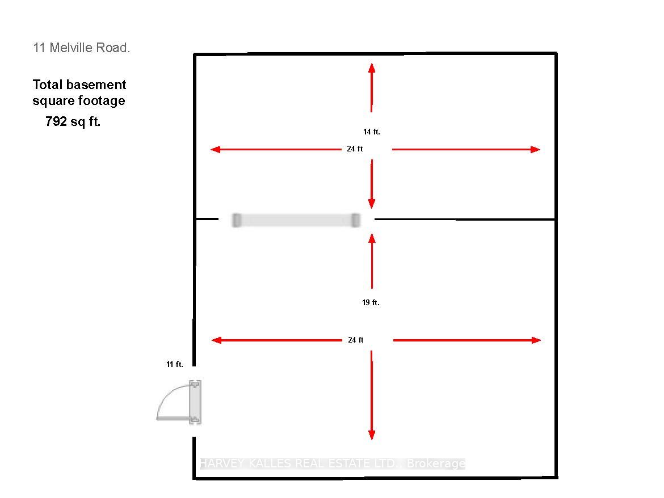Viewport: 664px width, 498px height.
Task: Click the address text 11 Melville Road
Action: click(x=81, y=48)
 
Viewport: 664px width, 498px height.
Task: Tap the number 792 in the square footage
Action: click(x=56, y=121)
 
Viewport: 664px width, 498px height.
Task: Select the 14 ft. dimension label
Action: click(x=371, y=132)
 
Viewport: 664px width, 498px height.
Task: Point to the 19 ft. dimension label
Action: click(x=371, y=302)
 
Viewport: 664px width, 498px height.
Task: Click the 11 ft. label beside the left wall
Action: click(x=174, y=364)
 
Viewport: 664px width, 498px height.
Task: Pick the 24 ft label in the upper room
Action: click(x=355, y=149)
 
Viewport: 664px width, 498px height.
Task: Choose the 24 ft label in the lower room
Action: click(x=356, y=340)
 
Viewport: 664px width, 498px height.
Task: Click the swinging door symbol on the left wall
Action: click(x=179, y=402)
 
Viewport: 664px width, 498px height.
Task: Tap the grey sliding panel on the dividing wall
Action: click(x=296, y=221)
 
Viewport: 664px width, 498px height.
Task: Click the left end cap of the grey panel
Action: click(x=237, y=221)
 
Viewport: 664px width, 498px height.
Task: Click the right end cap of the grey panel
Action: click(x=356, y=221)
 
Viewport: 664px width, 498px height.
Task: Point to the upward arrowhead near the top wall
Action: click(x=371, y=67)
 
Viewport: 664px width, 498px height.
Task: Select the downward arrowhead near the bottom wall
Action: click(x=371, y=435)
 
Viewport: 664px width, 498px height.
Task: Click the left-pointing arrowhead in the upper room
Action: click(x=216, y=149)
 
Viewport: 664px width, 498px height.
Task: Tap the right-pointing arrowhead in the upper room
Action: click(x=535, y=149)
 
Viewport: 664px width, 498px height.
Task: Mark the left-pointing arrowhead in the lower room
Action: click(x=216, y=340)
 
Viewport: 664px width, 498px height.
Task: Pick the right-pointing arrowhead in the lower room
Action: click(x=536, y=340)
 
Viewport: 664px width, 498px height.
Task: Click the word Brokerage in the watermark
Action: click(x=436, y=464)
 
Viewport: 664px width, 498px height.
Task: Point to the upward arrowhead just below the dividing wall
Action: click(x=372, y=238)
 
